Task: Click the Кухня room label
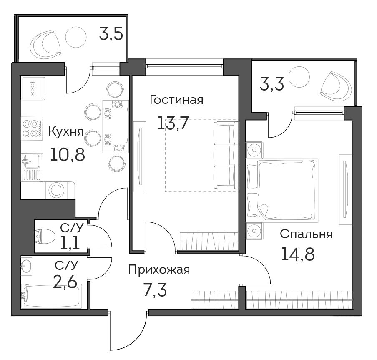click(66, 132)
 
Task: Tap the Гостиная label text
click(176, 100)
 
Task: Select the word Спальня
click(306, 234)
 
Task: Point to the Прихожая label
click(159, 269)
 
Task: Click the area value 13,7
click(172, 123)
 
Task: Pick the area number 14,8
click(298, 254)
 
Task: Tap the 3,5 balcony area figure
click(111, 34)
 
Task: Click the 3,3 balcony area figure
click(272, 83)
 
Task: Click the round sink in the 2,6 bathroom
click(26, 266)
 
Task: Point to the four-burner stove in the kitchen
click(32, 128)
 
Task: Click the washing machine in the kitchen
click(57, 190)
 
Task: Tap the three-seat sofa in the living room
click(226, 155)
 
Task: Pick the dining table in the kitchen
click(116, 126)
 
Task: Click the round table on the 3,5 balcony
click(76, 37)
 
